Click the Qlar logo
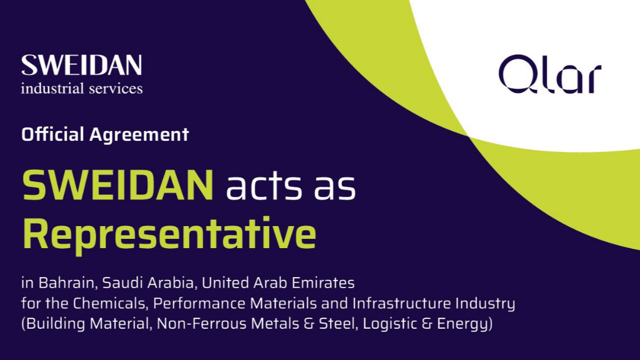(550, 74)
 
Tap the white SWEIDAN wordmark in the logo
(82, 66)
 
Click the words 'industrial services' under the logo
(82, 88)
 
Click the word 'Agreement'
(139, 135)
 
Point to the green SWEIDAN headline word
(118, 186)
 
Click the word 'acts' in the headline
(264, 187)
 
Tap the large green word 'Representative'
(169, 234)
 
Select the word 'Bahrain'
(68, 283)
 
